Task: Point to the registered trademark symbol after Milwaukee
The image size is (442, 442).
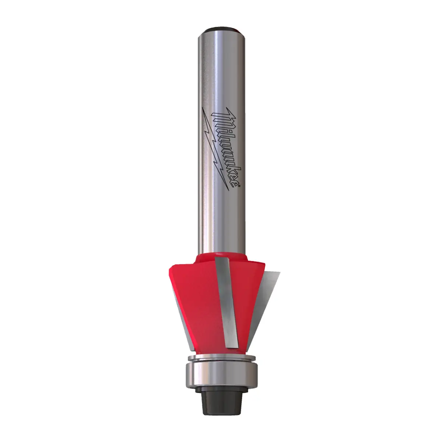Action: (239, 187)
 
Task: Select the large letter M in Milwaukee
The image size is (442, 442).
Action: (223, 118)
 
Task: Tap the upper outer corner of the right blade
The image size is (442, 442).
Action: (280, 273)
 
